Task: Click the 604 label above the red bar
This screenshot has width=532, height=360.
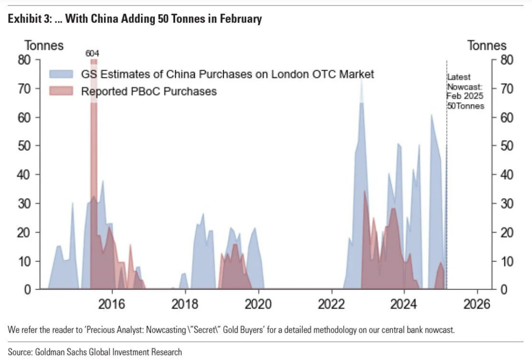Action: pos(93,54)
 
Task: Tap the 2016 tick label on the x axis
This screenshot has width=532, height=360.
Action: pos(111,304)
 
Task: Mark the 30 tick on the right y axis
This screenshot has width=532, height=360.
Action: pos(506,203)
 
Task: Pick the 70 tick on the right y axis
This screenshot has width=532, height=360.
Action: pos(506,88)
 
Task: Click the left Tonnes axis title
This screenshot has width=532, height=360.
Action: pos(44,45)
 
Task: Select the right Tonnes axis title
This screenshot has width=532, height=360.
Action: pos(487,45)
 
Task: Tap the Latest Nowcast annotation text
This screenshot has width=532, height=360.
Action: pos(465,91)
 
